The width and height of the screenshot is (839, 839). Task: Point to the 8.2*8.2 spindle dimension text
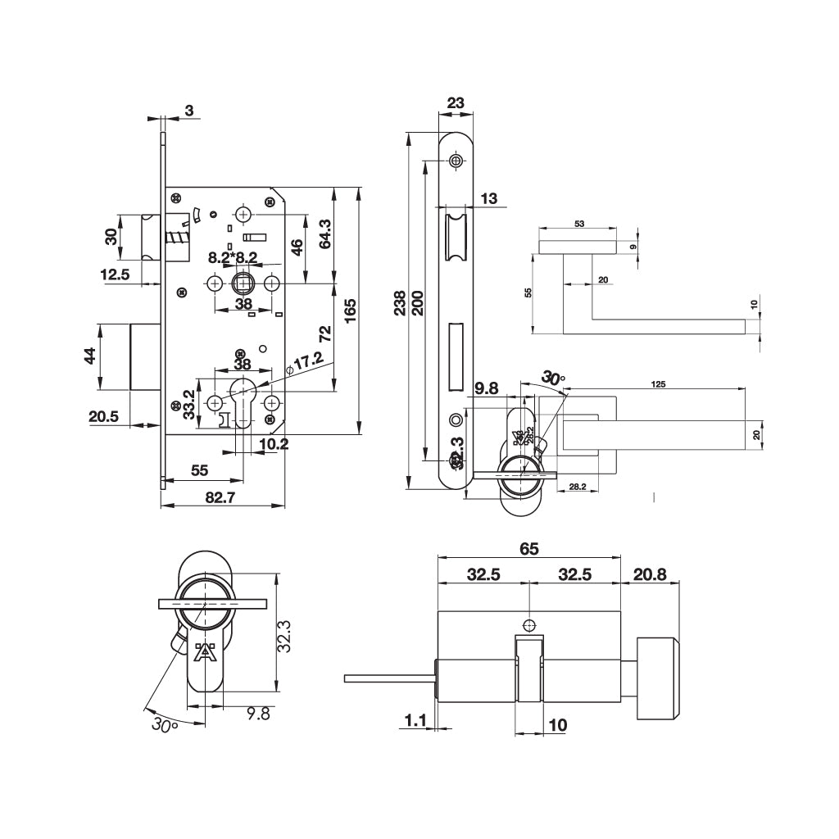click(x=233, y=257)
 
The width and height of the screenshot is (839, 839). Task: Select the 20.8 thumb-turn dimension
click(x=650, y=574)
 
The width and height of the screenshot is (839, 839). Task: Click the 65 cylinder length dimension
click(x=529, y=550)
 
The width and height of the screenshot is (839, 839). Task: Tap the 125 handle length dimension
click(x=657, y=383)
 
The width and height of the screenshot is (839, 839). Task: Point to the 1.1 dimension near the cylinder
click(x=416, y=720)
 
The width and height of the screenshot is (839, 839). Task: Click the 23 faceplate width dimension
click(x=456, y=103)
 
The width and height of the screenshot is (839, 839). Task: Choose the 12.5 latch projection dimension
click(x=115, y=275)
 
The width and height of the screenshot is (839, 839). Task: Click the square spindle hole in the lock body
click(x=243, y=284)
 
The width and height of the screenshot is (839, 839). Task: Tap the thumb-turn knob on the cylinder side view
click(x=658, y=678)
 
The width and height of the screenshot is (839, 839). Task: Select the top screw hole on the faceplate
click(x=456, y=161)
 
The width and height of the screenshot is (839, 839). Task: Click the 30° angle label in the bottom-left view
click(x=165, y=724)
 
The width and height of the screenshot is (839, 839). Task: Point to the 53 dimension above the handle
click(x=579, y=223)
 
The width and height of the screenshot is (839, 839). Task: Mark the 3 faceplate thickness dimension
click(x=189, y=111)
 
